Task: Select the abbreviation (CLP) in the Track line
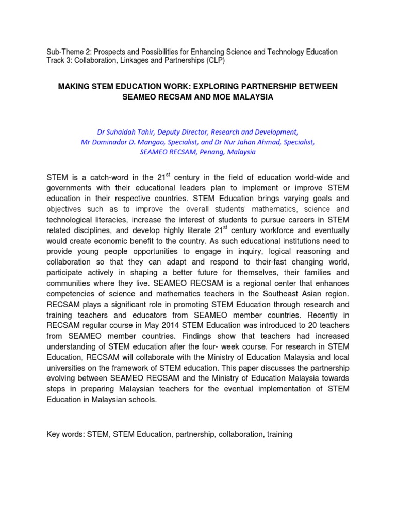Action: (214, 60)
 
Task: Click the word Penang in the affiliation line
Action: (203, 152)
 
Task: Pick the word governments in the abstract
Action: (68, 188)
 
